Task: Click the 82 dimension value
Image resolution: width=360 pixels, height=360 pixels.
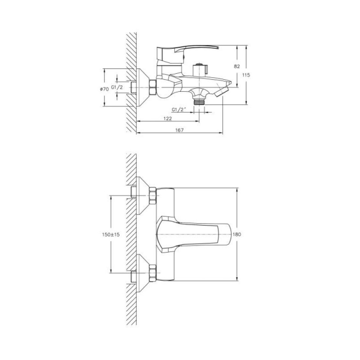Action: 237,66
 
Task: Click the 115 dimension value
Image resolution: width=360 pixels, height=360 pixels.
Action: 246,75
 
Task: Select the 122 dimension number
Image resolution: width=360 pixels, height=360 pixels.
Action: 168,118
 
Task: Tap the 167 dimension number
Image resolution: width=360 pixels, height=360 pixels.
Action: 180,130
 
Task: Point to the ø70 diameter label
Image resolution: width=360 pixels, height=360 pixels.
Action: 104,89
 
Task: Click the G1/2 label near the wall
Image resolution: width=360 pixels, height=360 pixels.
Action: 117,87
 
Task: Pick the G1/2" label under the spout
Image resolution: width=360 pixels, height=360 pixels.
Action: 179,110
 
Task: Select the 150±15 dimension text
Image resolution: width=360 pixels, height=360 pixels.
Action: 111,234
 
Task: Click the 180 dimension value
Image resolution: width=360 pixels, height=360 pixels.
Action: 237,234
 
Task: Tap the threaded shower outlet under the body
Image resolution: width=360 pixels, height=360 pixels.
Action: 199,102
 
